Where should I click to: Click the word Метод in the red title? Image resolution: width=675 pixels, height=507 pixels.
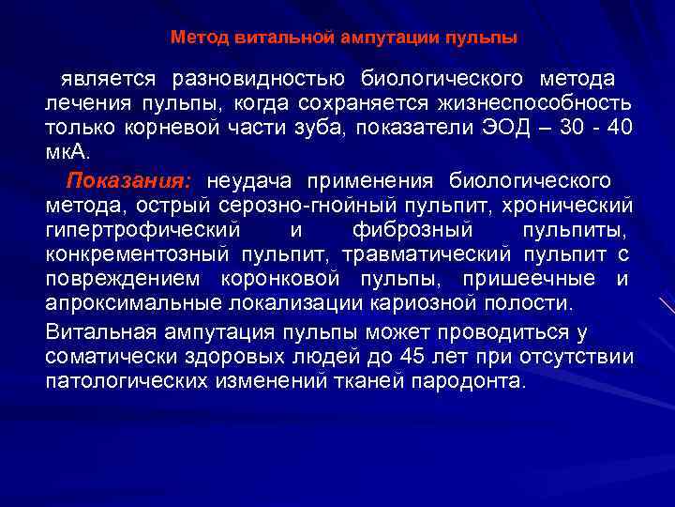193,38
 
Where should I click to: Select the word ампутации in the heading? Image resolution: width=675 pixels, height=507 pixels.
364,38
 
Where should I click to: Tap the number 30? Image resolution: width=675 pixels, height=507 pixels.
574,127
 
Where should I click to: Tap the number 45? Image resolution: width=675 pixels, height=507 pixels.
411,358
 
